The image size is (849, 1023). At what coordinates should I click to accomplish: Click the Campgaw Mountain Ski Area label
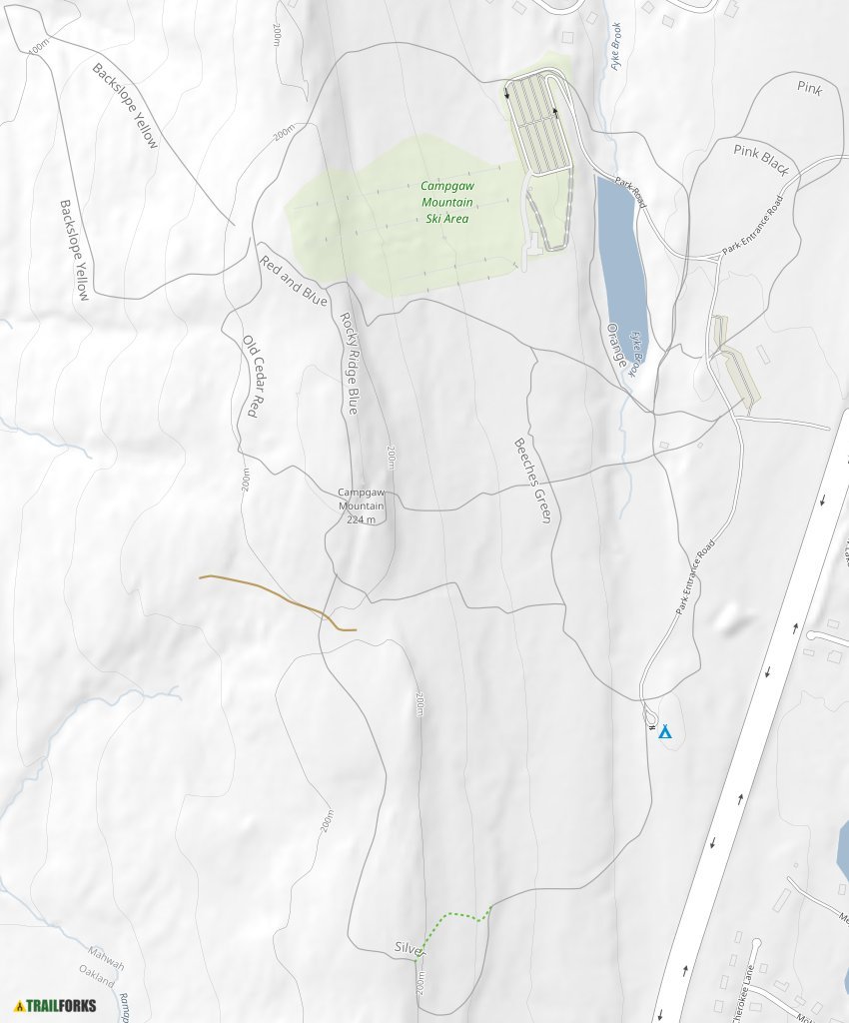tap(445, 202)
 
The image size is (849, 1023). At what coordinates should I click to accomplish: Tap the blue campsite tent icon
tap(665, 732)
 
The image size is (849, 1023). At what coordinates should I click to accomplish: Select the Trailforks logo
tap(56, 1005)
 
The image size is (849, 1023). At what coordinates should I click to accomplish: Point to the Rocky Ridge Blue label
tap(349, 363)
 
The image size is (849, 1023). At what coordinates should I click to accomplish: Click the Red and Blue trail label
tap(294, 281)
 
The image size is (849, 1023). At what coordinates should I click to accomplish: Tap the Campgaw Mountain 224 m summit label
tap(361, 506)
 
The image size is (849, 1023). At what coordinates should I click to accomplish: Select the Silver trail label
tap(409, 947)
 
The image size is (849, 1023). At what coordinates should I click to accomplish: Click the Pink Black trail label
tap(762, 158)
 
